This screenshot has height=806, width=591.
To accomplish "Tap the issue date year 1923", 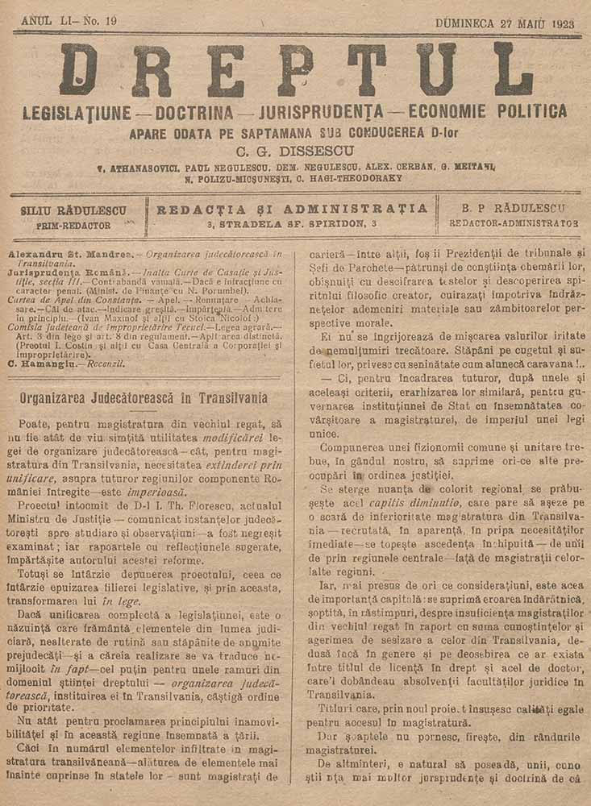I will point(558,23).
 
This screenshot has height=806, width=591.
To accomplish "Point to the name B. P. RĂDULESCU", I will point(513,208).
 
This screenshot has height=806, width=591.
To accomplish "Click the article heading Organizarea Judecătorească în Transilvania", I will point(144,398).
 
